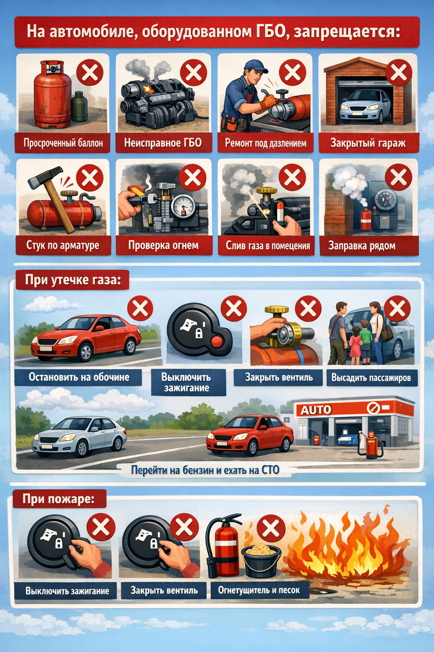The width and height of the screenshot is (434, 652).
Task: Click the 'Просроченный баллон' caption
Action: tap(63, 143)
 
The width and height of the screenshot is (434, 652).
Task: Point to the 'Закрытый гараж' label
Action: tap(368, 143)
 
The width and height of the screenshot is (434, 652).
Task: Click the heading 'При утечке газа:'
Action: tap(72, 280)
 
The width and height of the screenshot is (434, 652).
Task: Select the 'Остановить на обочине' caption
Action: tap(79, 377)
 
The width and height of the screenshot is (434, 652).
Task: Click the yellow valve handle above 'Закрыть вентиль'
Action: tap(276, 309)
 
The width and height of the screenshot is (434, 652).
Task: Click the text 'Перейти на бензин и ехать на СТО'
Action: tap(205, 470)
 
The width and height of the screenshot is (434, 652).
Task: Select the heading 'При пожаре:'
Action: tap(58, 499)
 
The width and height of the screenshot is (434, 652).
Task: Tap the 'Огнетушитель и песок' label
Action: tap(259, 590)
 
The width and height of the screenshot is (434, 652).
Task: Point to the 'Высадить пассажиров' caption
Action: tap(371, 378)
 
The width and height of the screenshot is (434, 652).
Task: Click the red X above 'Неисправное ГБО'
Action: tap(193, 73)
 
